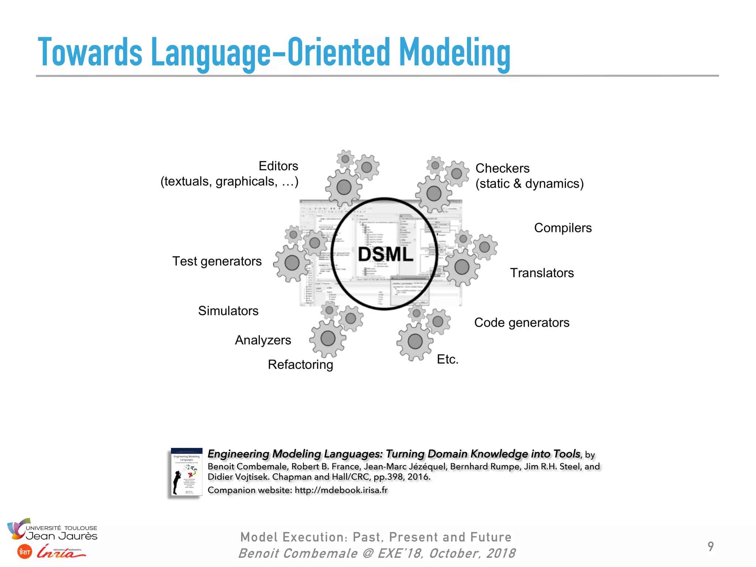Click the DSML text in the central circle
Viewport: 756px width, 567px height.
tap(385, 255)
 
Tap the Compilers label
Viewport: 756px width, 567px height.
tap(563, 228)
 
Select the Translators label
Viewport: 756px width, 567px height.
tap(542, 273)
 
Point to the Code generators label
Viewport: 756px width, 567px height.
tap(521, 323)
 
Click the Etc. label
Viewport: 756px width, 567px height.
tap(447, 359)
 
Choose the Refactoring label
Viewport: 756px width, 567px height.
tap(300, 365)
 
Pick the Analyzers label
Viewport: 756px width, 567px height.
tap(263, 340)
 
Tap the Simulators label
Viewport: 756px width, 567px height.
tap(228, 311)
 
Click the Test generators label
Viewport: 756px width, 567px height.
tap(217, 261)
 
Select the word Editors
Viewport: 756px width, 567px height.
tap(278, 166)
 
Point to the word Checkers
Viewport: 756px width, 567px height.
tap(502, 168)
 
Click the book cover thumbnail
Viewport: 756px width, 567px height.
tap(187, 472)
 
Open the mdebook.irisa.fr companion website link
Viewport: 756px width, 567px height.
tap(341, 490)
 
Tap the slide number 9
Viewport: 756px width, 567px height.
tap(710, 546)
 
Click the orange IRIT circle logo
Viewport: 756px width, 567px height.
tap(25, 552)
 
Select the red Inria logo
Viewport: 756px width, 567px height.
tap(61, 551)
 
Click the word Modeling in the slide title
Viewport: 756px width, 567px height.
tap(455, 53)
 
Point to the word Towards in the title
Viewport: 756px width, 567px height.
tap(90, 53)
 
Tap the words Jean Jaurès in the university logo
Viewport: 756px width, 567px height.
tap(61, 536)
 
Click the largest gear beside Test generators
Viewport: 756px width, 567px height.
tap(292, 263)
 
